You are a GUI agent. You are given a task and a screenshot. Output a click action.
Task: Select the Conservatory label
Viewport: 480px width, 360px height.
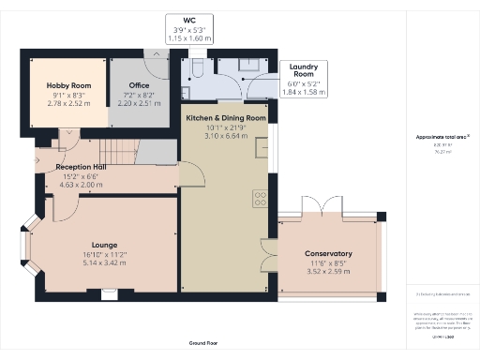click(x=328, y=253)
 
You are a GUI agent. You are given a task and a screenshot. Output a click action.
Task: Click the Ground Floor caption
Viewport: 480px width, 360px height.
click(x=203, y=343)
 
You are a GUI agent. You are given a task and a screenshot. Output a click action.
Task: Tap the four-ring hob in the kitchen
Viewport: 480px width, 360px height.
click(x=260, y=198)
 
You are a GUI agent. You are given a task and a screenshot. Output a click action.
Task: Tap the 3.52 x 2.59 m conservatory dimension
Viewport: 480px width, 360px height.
click(x=328, y=270)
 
